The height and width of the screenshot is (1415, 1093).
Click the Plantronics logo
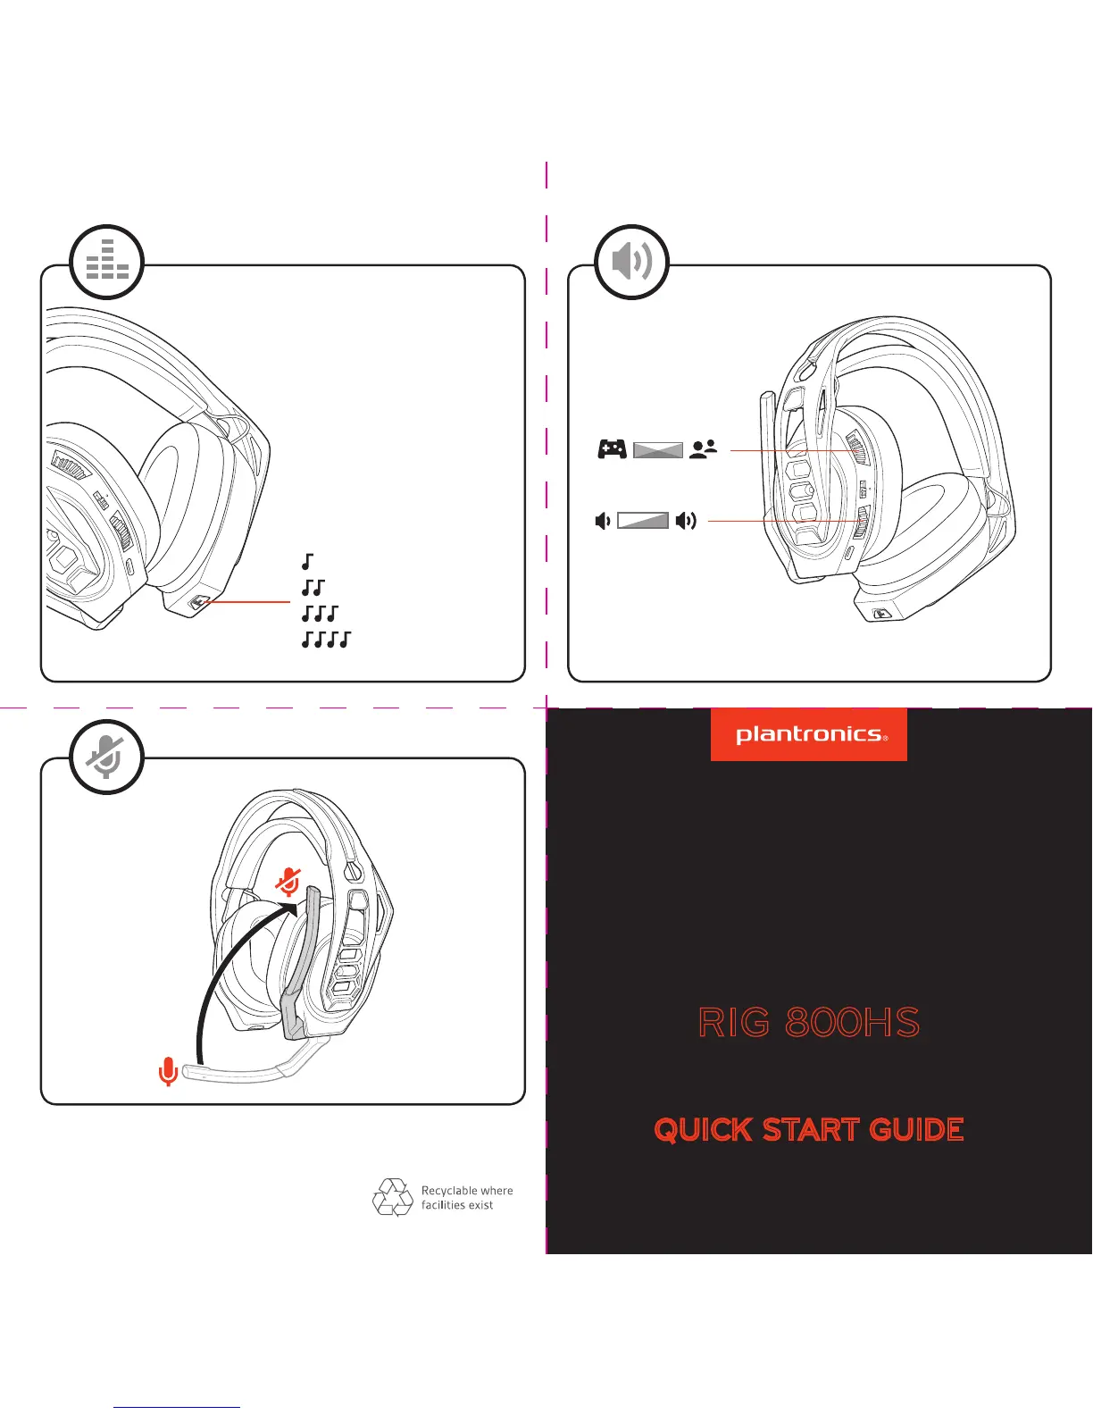click(809, 734)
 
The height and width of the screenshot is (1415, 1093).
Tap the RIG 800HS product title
click(809, 1023)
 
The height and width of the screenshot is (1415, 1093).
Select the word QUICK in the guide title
click(703, 1130)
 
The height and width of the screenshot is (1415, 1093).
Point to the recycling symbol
click(392, 1197)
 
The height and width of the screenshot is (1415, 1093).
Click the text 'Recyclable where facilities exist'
click(467, 1198)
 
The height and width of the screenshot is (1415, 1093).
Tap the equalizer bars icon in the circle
click(107, 261)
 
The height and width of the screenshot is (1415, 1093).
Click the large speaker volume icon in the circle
click(632, 261)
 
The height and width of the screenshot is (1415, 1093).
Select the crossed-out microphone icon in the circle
click(107, 758)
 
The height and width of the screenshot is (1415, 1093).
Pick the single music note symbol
click(308, 562)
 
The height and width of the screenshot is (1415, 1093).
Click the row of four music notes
click(327, 640)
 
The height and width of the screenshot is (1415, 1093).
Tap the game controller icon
click(612, 449)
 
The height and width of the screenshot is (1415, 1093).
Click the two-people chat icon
click(704, 449)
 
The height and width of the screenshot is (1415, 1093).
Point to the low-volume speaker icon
click(604, 521)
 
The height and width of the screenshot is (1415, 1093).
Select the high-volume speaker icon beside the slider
click(686, 521)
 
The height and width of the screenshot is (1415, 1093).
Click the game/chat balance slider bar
click(658, 450)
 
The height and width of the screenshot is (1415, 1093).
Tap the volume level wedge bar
click(643, 521)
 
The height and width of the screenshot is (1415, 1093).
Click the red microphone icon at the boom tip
click(167, 1071)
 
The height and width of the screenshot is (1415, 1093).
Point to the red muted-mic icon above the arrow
click(288, 882)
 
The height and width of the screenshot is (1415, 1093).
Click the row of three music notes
click(321, 614)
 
